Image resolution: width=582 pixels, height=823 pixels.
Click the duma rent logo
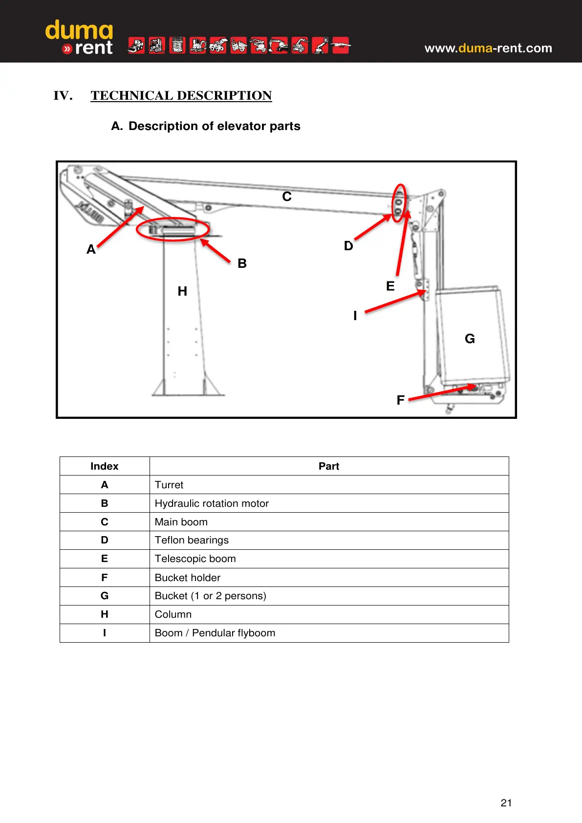tap(79, 37)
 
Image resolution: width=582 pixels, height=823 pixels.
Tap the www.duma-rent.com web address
tap(488, 48)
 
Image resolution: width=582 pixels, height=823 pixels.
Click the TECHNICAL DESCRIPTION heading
tap(181, 95)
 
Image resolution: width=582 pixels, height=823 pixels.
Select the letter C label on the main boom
tap(287, 196)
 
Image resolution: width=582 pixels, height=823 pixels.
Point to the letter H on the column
tap(182, 291)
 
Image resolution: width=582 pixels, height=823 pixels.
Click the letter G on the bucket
tap(470, 339)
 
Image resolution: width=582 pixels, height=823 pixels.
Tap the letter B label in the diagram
tap(242, 263)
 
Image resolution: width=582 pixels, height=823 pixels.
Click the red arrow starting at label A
tap(121, 226)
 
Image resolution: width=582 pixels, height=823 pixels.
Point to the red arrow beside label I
tap(395, 302)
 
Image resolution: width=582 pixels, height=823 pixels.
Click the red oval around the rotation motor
tap(173, 229)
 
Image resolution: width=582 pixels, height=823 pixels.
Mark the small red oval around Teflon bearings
tap(400, 203)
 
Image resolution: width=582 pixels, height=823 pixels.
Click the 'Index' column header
tap(104, 466)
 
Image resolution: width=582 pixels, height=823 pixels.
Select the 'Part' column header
tap(328, 466)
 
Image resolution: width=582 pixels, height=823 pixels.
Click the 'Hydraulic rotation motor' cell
tap(212, 503)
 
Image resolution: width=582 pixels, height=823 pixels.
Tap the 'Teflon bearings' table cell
tap(192, 540)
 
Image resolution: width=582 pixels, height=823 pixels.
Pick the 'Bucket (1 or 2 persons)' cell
tap(210, 596)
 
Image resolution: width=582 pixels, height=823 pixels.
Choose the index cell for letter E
tap(104, 559)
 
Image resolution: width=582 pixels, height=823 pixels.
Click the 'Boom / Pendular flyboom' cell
tap(215, 633)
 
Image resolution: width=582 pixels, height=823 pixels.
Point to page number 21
tap(506, 802)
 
